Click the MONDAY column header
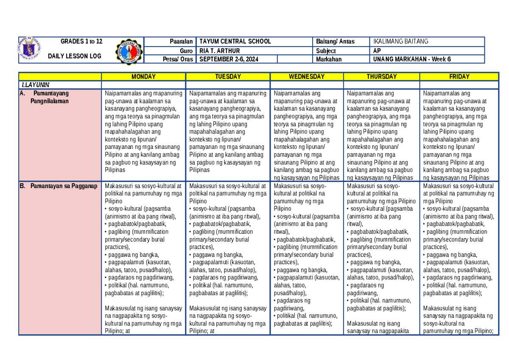click(x=143, y=77)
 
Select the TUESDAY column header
click(x=228, y=77)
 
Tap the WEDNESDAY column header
click(x=307, y=77)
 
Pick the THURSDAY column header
click(x=382, y=77)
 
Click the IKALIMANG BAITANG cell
click(x=400, y=41)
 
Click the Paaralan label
click(x=181, y=41)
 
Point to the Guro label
click(x=186, y=50)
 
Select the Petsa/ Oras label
click(x=178, y=59)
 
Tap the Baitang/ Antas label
click(x=335, y=41)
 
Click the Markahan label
click(x=329, y=59)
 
